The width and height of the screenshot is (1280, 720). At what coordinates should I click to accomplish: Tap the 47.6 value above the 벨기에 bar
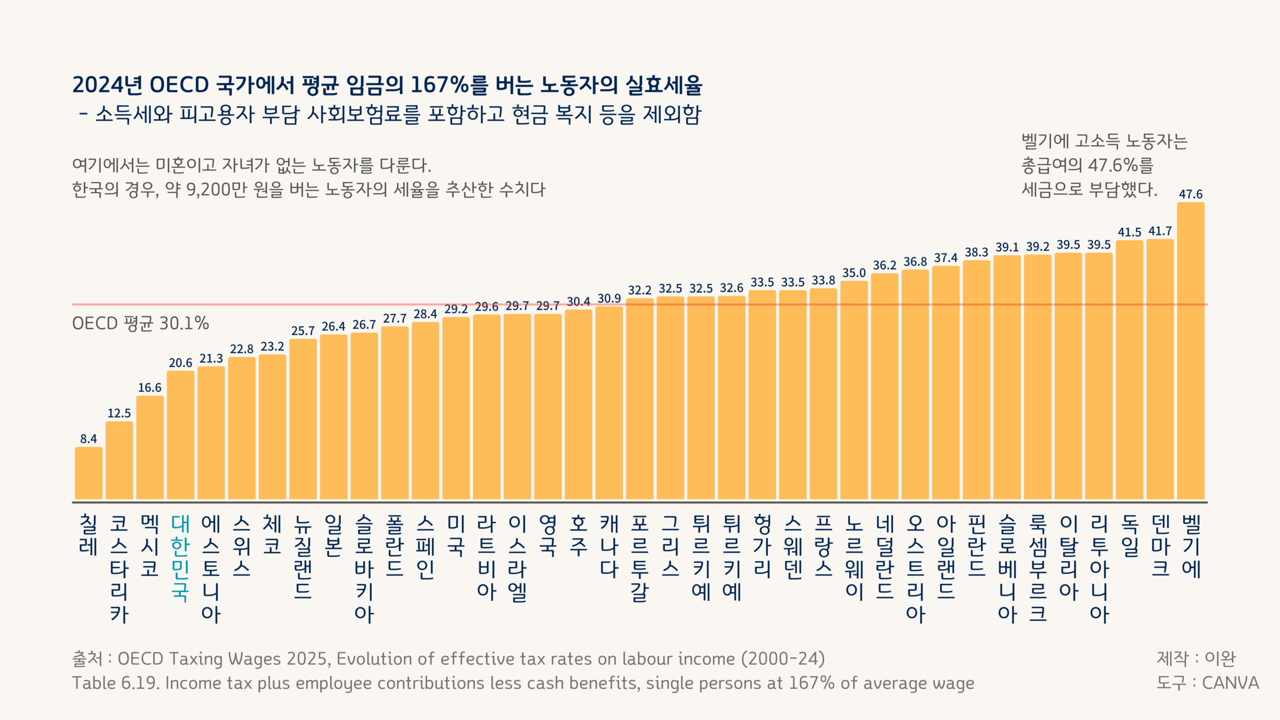pyautogui.click(x=1190, y=194)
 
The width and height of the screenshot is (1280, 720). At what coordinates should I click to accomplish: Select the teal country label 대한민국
pyautogui.click(x=180, y=557)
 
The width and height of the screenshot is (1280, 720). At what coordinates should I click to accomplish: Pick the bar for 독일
pyautogui.click(x=1129, y=370)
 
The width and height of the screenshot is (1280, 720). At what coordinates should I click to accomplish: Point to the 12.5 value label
pyautogui.click(x=119, y=413)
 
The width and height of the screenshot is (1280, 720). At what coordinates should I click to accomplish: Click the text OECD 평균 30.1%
pyautogui.click(x=140, y=323)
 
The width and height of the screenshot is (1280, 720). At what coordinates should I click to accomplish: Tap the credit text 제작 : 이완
pyautogui.click(x=1195, y=658)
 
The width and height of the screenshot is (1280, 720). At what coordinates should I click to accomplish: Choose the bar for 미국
pyautogui.click(x=456, y=408)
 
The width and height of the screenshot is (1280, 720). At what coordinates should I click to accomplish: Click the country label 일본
pyautogui.click(x=333, y=535)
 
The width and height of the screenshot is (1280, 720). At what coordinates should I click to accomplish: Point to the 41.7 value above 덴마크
pyautogui.click(x=1160, y=231)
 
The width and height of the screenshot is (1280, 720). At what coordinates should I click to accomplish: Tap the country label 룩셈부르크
pyautogui.click(x=1038, y=568)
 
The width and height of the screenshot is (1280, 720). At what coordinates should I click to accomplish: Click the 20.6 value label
pyautogui.click(x=180, y=362)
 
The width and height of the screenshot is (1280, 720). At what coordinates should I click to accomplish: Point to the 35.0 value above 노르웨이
pyautogui.click(x=853, y=273)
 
